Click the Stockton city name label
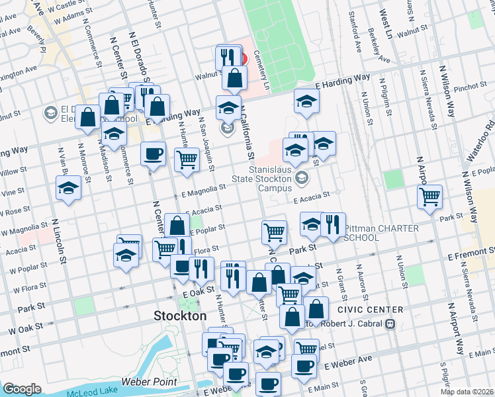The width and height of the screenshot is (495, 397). point(180,316)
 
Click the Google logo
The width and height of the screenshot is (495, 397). point(22,389)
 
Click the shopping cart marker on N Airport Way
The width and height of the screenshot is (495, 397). point(430,196)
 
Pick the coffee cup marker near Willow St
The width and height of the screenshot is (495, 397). point(153,154)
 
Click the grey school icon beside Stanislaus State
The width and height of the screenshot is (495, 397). point(302,177)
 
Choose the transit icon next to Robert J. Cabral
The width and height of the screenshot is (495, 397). point(390,324)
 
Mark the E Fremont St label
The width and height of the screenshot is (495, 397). point(471,253)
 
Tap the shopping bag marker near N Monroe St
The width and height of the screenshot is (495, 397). point(88,116)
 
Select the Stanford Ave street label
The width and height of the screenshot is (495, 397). point(357,26)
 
